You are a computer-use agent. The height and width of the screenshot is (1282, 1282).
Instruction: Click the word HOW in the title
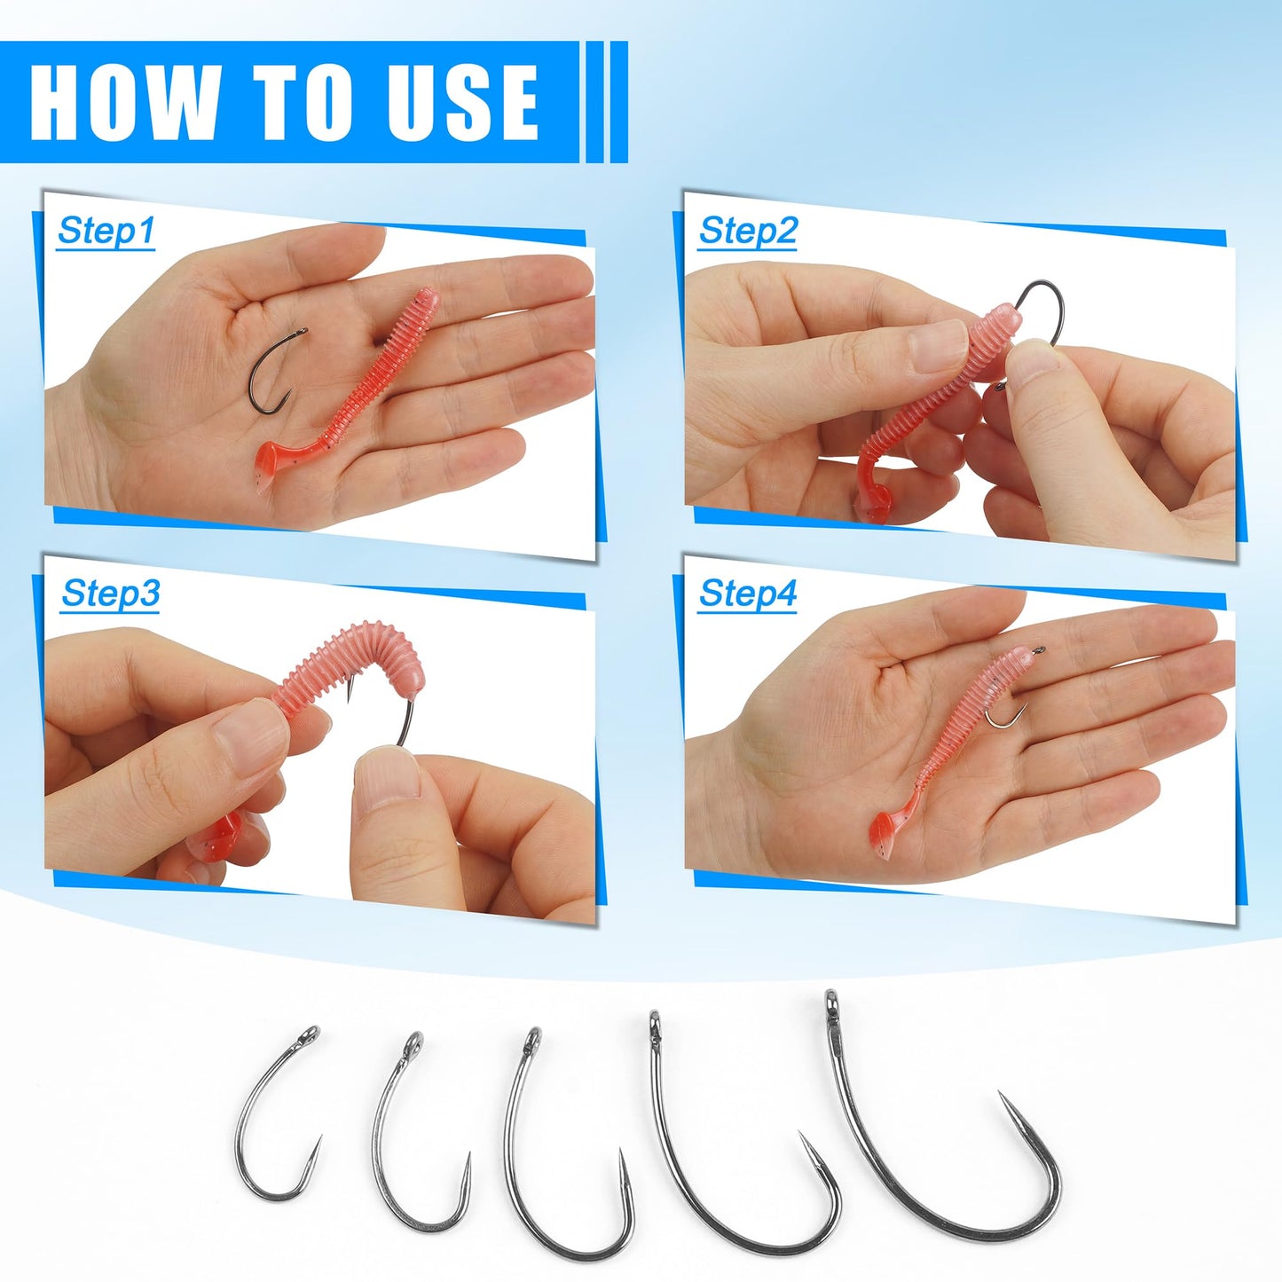pos(125,102)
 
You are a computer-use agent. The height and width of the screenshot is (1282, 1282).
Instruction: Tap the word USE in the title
pos(464,102)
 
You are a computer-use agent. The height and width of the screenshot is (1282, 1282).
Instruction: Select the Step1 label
pos(106,231)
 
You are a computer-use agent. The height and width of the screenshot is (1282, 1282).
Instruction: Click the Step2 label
pos(747,231)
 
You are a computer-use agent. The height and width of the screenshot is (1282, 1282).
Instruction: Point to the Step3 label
pos(110,594)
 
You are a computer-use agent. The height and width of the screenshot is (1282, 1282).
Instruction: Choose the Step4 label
pos(747,594)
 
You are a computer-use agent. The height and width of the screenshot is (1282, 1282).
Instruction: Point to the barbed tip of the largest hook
pos(1004,1101)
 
